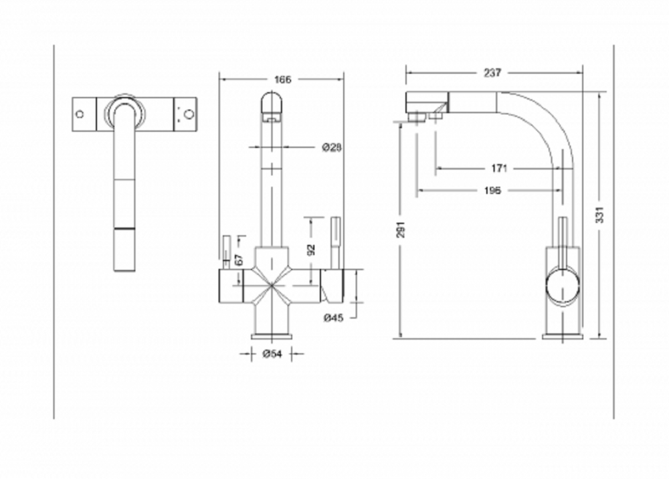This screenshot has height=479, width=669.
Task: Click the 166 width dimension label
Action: click(282, 80)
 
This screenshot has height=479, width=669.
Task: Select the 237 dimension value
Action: click(492, 73)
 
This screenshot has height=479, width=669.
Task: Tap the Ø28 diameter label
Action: click(332, 147)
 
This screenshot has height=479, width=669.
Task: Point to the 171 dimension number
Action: click(499, 168)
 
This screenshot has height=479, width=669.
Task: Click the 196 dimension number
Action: click(492, 190)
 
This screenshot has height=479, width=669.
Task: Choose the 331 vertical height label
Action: click(599, 215)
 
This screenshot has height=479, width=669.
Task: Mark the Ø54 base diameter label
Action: click(272, 354)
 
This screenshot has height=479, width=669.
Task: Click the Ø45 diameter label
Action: click(333, 318)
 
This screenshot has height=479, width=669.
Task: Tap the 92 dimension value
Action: click(311, 250)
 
